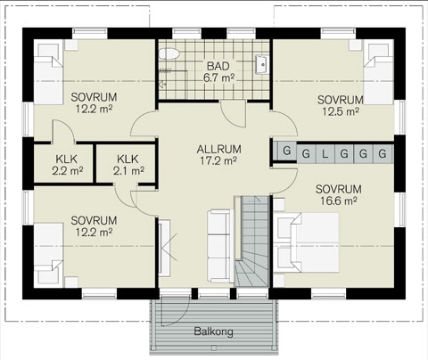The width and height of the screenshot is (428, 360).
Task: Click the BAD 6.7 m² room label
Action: click(218, 71)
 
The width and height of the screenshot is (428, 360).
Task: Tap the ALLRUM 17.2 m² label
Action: click(218, 155)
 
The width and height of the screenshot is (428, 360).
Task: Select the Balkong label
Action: click(213, 331)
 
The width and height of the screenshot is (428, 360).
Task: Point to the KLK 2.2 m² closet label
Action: click(68, 165)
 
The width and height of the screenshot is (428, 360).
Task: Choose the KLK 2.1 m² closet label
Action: click(128, 165)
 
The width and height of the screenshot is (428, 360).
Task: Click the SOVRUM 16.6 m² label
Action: click(339, 195)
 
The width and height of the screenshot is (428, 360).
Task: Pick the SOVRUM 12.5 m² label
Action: click(341, 105)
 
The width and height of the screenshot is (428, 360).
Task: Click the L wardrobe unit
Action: click(325, 154)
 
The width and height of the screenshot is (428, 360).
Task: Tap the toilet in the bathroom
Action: click(169, 54)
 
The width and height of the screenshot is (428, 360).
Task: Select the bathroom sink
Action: click(261, 64)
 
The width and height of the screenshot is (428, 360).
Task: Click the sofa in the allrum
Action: click(218, 246)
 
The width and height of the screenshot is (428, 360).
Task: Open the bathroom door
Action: click(233, 114)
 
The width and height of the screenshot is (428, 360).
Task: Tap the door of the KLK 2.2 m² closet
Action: click(63, 132)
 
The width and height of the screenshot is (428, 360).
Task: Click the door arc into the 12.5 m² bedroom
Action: click(284, 123)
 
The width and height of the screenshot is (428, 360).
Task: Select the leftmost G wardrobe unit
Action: click(286, 151)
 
